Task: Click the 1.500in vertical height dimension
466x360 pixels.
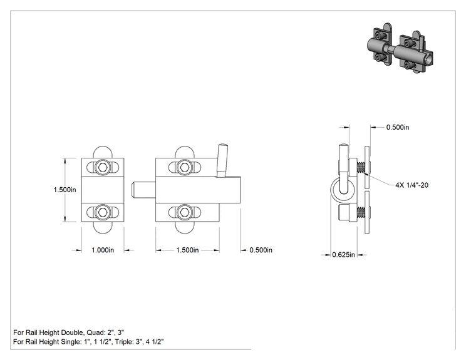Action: (65, 190)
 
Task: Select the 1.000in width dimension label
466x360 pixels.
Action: (103, 250)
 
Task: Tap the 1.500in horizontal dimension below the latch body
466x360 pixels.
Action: (187, 250)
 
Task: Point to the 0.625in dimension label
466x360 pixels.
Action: (344, 255)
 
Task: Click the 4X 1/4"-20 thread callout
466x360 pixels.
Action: (412, 185)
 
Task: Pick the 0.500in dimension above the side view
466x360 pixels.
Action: (398, 127)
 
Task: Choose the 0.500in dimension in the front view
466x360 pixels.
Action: (261, 250)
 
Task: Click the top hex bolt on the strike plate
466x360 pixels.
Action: (103, 168)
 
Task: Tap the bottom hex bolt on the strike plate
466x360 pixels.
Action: (103, 212)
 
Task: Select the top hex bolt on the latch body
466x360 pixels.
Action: (184, 168)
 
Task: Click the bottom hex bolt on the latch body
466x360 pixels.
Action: (184, 212)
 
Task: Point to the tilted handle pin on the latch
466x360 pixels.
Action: (222, 161)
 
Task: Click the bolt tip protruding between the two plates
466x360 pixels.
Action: (143, 190)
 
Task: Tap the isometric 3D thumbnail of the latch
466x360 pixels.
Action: (400, 48)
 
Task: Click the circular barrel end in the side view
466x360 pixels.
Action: (343, 190)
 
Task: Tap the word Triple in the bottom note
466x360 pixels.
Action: (124, 342)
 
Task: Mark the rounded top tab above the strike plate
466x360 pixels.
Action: (103, 152)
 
